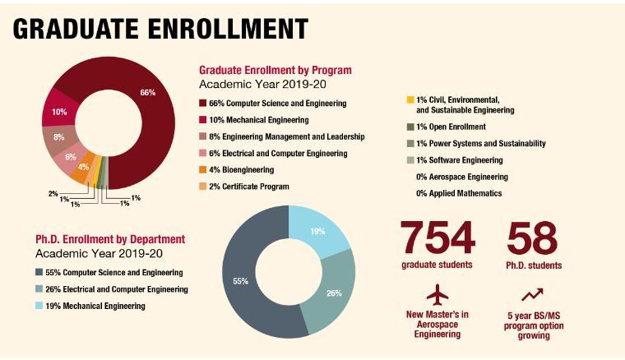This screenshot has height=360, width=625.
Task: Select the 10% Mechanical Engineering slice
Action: tap(59, 112)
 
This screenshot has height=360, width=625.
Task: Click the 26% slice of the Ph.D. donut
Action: tap(333, 291)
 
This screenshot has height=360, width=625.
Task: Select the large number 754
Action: tap(437, 238)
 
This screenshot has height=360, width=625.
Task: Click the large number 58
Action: tap(534, 238)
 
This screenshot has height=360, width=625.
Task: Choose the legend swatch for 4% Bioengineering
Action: tap(203, 170)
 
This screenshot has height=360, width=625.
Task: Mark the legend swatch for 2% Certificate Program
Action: tap(203, 187)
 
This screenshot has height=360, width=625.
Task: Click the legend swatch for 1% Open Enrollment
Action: tap(410, 127)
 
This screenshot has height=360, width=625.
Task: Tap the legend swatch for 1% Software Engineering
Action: tap(410, 160)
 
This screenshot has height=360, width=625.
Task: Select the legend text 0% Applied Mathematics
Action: tap(459, 193)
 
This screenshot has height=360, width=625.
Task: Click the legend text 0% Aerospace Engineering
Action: tap(462, 177)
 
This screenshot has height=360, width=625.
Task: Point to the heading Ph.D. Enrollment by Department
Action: tap(110, 239)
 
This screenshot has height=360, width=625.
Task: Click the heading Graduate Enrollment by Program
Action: tap(275, 70)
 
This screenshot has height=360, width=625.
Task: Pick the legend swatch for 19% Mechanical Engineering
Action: tap(39, 306)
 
